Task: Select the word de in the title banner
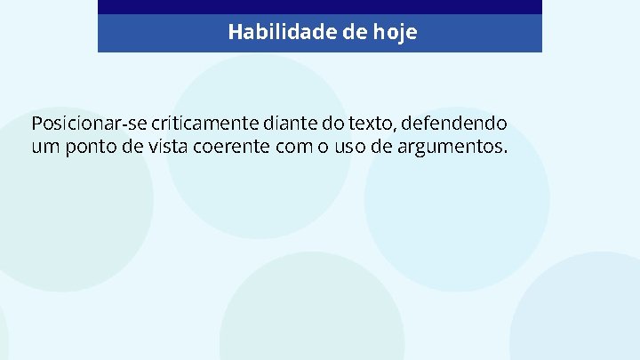(356, 33)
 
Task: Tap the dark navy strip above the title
(320, 6)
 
